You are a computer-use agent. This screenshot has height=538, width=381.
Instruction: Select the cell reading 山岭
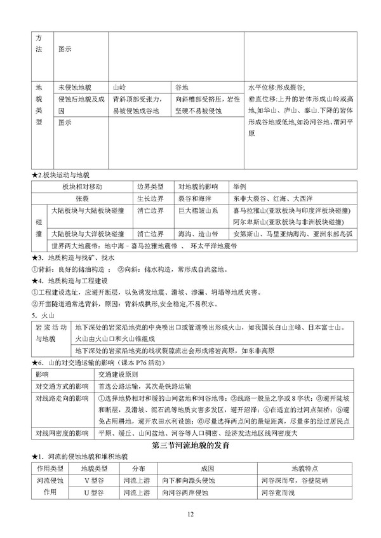(x=119, y=88)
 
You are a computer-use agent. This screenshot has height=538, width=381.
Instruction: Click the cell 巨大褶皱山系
(x=197, y=210)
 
